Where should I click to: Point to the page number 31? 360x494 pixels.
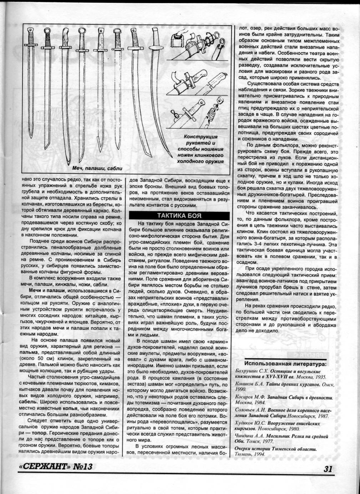[x=328, y=468]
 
